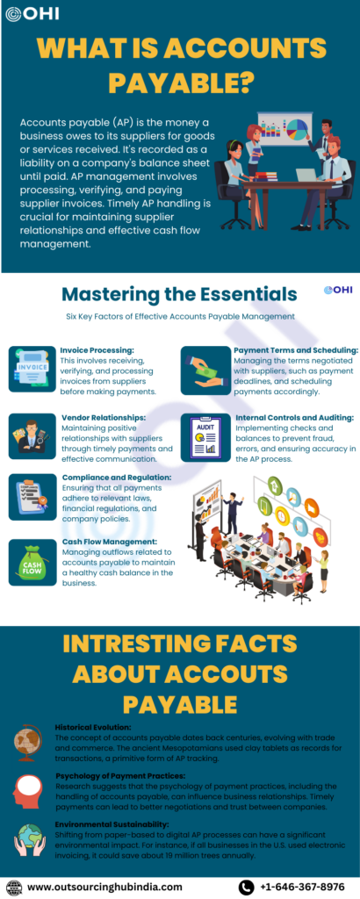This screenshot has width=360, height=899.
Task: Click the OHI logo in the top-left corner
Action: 32,14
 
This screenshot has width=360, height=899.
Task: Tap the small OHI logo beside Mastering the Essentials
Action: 335,290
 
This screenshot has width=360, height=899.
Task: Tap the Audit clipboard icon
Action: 205,439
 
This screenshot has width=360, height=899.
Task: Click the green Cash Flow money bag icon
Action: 32,562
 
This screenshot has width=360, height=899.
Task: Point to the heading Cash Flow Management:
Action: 109,541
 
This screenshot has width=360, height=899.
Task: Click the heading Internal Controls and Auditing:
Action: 295,418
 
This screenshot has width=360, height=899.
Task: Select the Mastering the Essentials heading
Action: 179,294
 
